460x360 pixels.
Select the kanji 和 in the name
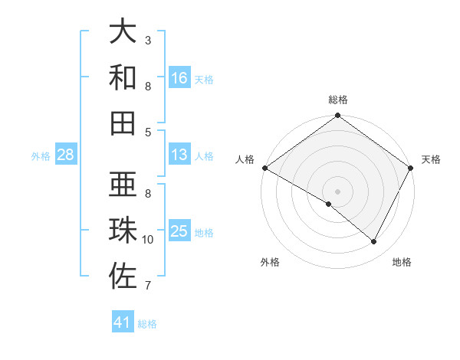pos(123,77)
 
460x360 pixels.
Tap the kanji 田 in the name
pos(123,123)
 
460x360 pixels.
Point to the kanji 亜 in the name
pos(123,185)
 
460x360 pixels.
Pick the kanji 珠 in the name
pos(123,231)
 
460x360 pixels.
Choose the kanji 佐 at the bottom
pos(123,277)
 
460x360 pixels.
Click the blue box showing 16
pos(179,77)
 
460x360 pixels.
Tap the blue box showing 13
pos(179,155)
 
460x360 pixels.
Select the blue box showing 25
pos(179,231)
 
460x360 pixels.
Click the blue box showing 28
pos(66,155)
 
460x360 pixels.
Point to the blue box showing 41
pos(123,322)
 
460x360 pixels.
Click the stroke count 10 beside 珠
pos(148,240)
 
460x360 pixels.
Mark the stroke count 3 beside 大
pos(148,40)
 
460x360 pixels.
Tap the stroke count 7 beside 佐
pos(148,286)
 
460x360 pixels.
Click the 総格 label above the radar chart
pos(337,100)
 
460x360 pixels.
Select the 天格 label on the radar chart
pos(431,159)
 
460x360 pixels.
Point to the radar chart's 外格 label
pos(270,262)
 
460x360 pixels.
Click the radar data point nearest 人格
pos(264,168)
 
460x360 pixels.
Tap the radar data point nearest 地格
pos(374,242)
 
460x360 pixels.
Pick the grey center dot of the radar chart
pos(337,191)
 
